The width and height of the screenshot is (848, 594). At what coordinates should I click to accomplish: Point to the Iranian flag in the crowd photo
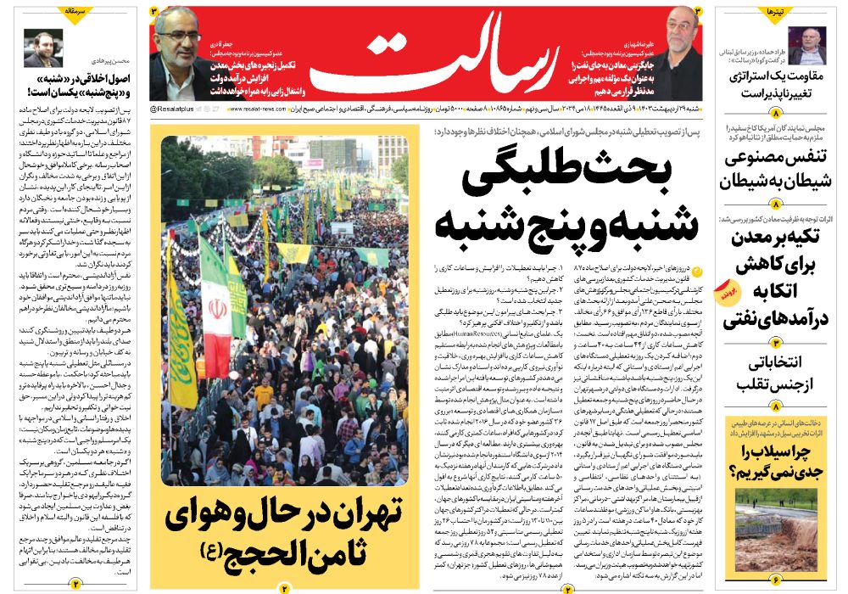(214, 314)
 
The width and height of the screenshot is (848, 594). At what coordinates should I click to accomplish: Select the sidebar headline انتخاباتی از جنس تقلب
(776, 373)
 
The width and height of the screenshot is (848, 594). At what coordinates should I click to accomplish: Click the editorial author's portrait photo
(40, 48)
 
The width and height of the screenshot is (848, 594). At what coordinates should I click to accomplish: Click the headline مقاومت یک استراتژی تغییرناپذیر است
(776, 84)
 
